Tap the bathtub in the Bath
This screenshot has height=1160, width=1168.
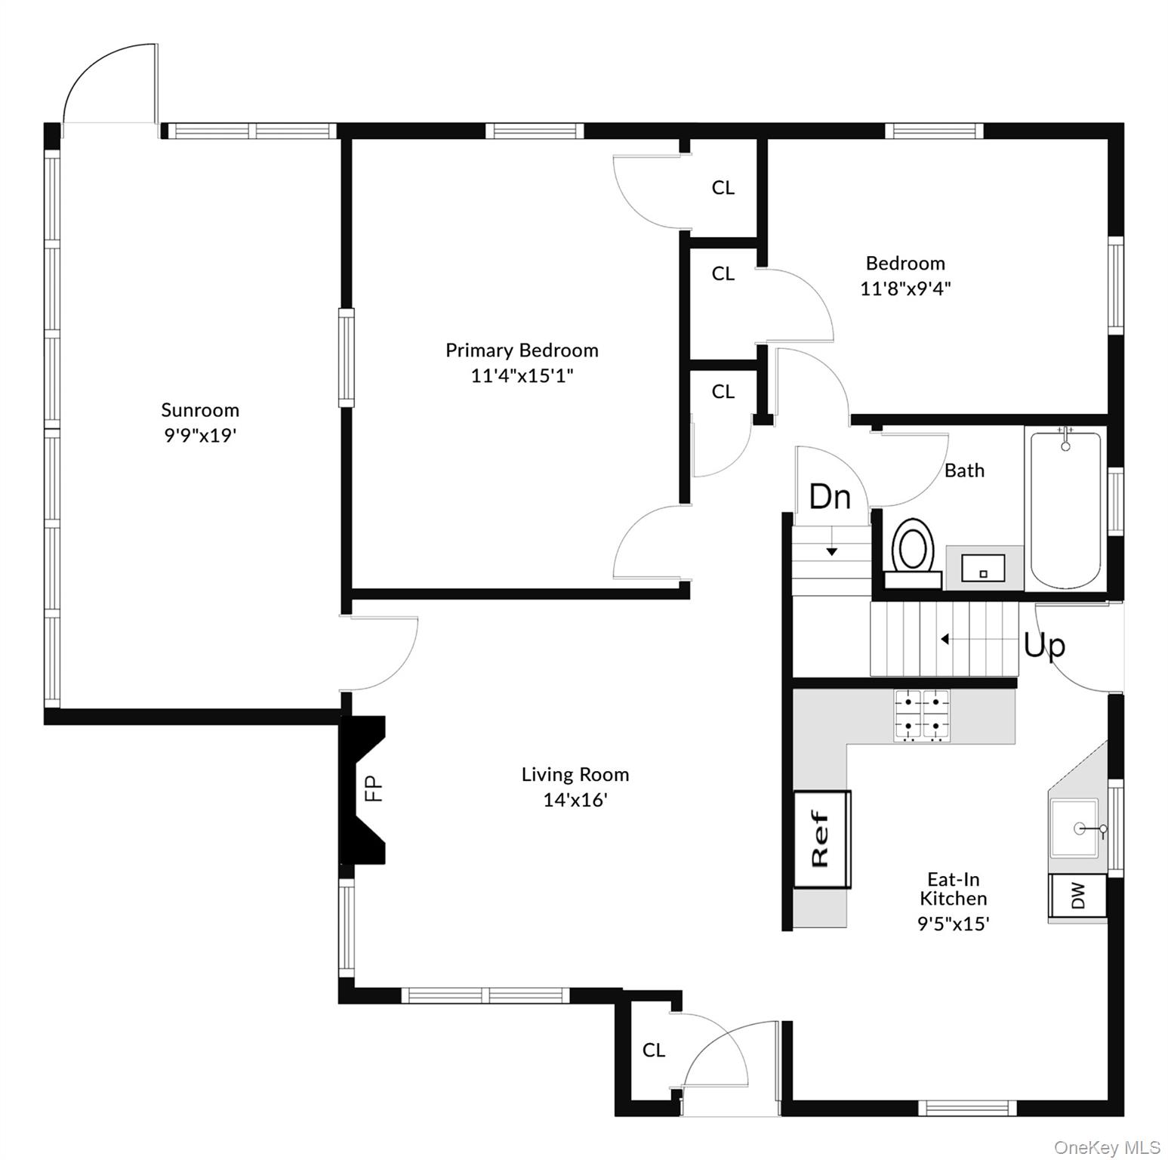1065,510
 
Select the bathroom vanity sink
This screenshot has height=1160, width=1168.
983,568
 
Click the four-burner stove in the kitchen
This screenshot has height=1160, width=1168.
921,716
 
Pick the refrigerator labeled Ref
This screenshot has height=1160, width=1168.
821,839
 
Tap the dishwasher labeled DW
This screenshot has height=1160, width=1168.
1077,896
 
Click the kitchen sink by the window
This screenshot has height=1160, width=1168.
1075,828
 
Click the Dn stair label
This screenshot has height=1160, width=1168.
830,497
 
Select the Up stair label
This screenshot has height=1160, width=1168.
1044,646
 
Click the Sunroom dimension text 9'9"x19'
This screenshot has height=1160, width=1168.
201,436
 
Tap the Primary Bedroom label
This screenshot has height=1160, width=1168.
522,350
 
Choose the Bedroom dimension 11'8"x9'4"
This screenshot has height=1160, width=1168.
905,288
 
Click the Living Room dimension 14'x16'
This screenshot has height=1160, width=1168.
575,800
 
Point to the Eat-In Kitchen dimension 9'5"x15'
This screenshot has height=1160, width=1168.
953,924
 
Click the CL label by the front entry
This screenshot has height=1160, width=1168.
654,1050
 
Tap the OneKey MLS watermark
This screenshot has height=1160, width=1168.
1106,1147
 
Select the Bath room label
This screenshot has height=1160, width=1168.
964,470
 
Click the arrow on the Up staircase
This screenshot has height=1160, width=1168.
945,639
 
